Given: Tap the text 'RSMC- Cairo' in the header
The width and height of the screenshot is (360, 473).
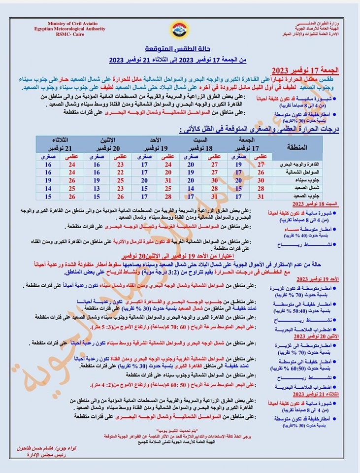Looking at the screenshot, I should pyautogui.click(x=70, y=34).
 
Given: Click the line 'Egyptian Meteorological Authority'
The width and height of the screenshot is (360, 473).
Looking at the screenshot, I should pyautogui.click(x=70, y=29).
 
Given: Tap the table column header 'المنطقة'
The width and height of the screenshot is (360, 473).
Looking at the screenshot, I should pyautogui.click(x=296, y=147).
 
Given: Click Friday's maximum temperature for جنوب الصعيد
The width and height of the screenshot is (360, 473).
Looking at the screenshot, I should pyautogui.click(x=261, y=197).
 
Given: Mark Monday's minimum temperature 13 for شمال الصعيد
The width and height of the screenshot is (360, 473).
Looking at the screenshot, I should pyautogui.click(x=95, y=188).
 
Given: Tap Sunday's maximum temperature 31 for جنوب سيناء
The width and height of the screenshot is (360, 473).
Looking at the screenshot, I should pyautogui.click(x=168, y=180).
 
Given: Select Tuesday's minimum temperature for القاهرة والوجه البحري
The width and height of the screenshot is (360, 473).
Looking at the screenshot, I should pyautogui.click(x=48, y=164).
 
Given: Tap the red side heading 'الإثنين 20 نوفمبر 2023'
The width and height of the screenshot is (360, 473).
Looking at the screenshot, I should pyautogui.click(x=311, y=336).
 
